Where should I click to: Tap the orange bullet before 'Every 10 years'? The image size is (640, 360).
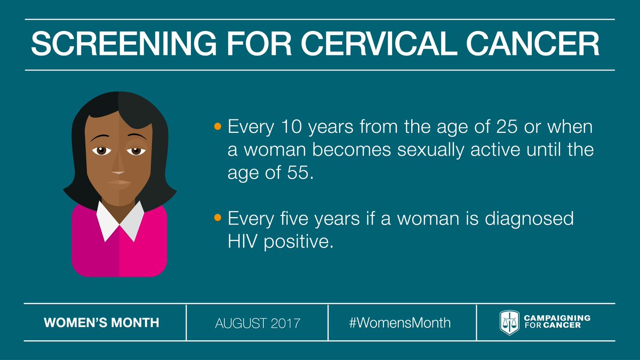[217, 127]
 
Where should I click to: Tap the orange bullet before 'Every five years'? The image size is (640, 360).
[217, 219]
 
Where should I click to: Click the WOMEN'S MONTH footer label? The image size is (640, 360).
[101, 323]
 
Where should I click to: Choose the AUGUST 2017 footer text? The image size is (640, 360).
[258, 323]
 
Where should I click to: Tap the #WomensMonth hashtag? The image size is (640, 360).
[400, 323]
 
